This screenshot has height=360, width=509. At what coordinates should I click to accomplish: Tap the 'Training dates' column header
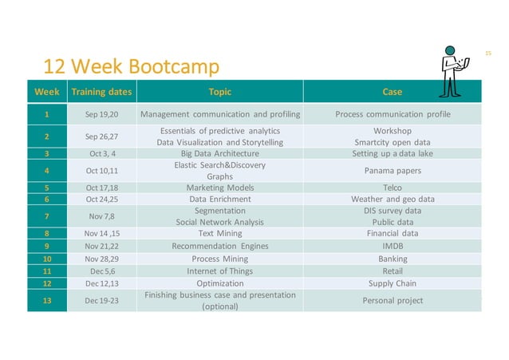(101, 91)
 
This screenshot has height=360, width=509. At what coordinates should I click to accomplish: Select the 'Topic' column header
(219, 91)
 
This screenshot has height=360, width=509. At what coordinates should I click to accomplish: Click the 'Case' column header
(393, 91)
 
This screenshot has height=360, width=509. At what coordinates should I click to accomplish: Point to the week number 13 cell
(48, 300)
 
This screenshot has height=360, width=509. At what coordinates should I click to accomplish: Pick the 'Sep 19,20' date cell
(101, 114)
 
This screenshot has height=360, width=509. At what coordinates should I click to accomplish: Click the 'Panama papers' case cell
(393, 170)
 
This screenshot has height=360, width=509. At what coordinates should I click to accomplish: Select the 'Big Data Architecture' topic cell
(219, 153)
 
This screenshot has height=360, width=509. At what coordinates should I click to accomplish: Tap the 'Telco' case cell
(393, 188)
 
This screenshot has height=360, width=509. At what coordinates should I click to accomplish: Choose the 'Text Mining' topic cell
(219, 234)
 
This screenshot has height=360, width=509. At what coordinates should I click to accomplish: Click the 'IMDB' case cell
(393, 247)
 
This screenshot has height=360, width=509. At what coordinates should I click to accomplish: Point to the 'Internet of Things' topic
(219, 271)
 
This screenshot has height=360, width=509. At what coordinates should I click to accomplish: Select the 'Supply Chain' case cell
(393, 283)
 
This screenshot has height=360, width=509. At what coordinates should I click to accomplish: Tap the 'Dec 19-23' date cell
(101, 300)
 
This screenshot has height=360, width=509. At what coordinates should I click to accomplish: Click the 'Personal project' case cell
(393, 300)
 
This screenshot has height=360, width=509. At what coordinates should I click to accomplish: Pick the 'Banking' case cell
(393, 259)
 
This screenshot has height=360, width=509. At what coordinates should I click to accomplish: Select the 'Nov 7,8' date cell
(101, 216)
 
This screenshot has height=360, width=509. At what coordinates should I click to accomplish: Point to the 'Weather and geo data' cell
(393, 199)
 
